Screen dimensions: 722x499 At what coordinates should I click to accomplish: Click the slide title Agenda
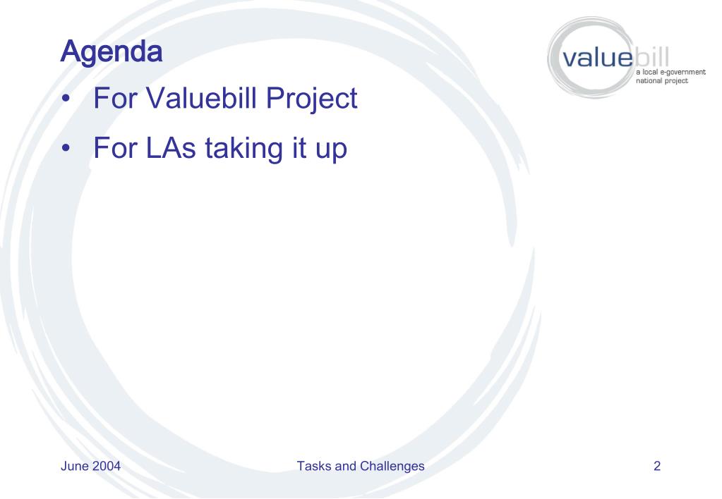(x=112, y=53)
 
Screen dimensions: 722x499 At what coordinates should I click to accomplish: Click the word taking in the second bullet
(x=244, y=149)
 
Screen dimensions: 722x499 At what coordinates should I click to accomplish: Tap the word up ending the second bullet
(x=331, y=150)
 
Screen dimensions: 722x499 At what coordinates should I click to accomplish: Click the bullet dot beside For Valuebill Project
(x=67, y=99)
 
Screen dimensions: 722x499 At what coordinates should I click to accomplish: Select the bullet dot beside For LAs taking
(x=67, y=148)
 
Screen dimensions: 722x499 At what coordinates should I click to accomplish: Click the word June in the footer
(x=75, y=466)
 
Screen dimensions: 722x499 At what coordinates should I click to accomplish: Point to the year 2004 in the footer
(x=107, y=466)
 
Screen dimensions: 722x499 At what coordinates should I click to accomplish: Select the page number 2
(x=657, y=466)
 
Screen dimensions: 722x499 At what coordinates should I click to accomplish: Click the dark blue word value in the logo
(x=597, y=58)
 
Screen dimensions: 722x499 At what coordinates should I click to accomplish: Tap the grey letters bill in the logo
(x=651, y=56)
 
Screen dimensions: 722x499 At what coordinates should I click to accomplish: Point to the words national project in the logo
(x=662, y=81)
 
